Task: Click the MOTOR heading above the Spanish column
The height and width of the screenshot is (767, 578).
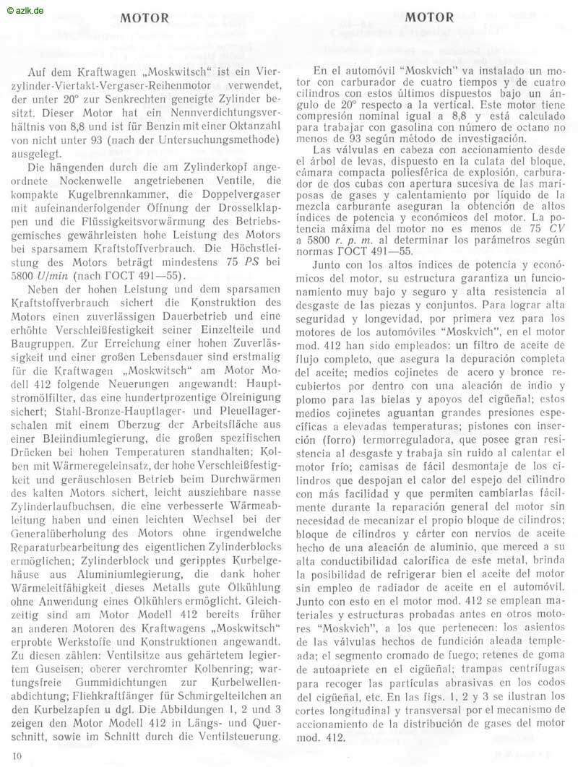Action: [430, 17]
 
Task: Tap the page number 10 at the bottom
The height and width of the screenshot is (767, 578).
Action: [17, 755]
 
